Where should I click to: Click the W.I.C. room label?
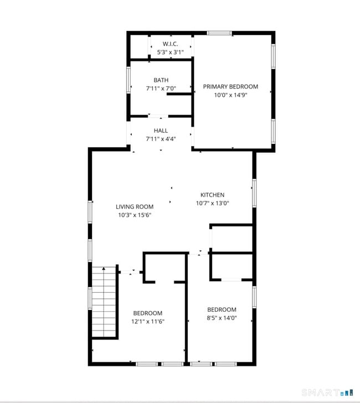pos(169,44)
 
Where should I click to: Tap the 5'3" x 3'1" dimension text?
pos(169,52)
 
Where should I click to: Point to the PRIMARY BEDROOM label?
pos(230,86)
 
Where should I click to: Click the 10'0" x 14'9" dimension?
pos(230,95)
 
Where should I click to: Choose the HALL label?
pos(161,131)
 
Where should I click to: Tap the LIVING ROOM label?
pos(135,206)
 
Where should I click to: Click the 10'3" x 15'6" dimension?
pos(135,215)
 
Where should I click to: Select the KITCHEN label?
pos(212,195)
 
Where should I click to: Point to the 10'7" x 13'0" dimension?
pos(212,203)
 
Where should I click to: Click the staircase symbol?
pos(104,302)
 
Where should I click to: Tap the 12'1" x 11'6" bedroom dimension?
pos(148,322)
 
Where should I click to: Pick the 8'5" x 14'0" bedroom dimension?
pos(222,318)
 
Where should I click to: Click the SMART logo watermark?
pos(331,392)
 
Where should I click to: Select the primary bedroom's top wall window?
pos(219,33)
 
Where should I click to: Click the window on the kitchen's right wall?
pos(254,193)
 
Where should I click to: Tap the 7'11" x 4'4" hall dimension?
pos(161,139)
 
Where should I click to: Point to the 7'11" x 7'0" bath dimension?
pos(161,89)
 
